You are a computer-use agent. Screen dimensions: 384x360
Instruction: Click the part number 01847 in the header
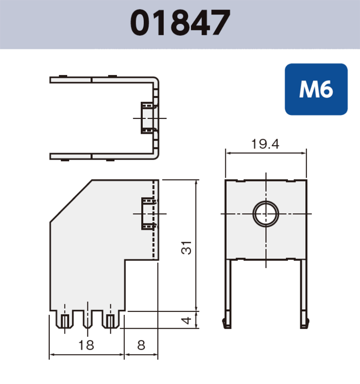coord(180,24)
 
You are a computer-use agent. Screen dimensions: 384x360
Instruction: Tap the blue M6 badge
coord(316,89)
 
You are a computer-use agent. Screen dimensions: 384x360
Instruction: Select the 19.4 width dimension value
coord(265,144)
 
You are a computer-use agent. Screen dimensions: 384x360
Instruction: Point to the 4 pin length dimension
coord(185,320)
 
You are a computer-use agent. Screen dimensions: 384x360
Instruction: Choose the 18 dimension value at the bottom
coord(86,345)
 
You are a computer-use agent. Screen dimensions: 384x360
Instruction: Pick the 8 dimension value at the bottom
coord(141,345)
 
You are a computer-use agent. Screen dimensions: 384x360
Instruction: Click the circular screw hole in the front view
coord(266,214)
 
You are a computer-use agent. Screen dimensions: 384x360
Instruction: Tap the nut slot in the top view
coord(147,118)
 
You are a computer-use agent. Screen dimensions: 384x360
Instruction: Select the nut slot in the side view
coord(148,214)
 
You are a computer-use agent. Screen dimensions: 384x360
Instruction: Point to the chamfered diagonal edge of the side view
coord(71,200)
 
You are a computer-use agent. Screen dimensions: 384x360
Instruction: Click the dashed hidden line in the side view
coord(154,240)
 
